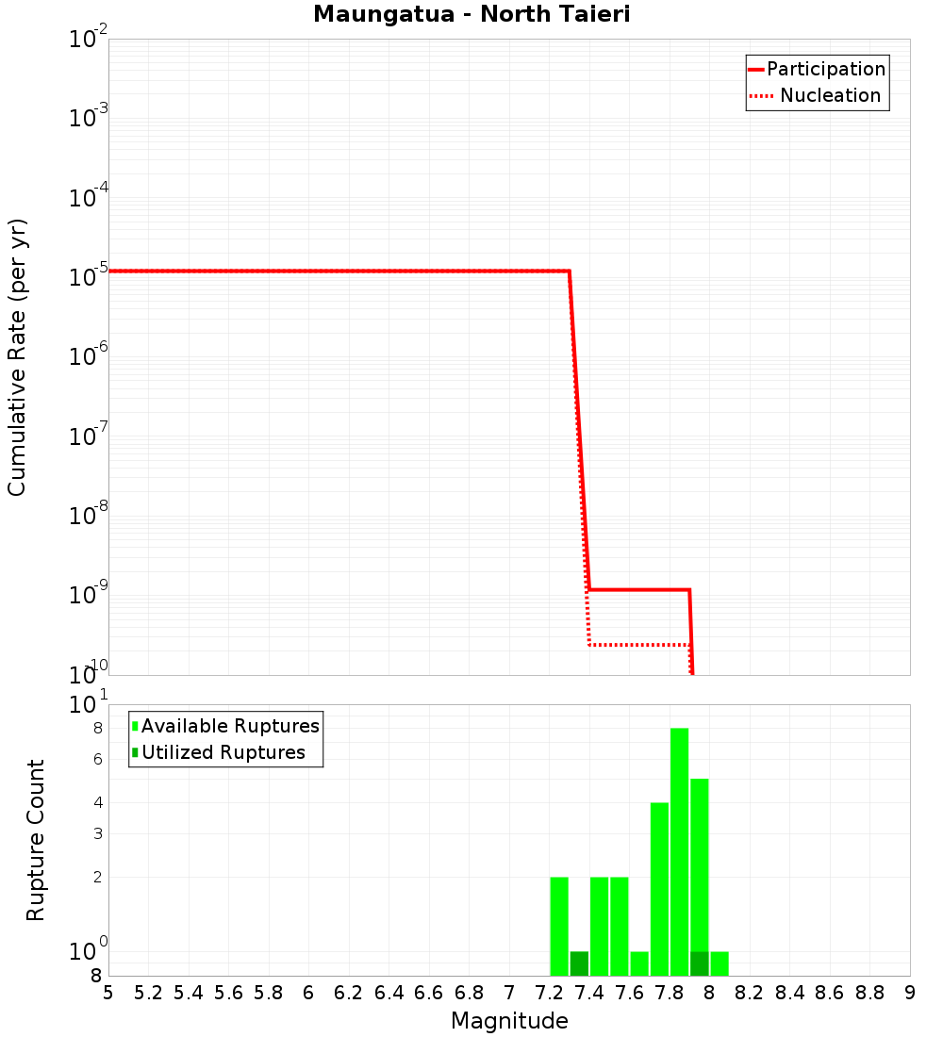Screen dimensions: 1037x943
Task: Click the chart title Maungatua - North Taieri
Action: [471, 14]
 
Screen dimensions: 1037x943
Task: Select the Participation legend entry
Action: [825, 70]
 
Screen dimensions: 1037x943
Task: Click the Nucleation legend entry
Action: [829, 96]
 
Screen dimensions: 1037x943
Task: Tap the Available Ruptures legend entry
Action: [230, 726]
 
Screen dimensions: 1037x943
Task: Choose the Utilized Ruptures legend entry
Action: [223, 752]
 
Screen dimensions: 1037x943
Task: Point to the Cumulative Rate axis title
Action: [18, 356]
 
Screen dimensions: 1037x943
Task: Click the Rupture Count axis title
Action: [36, 840]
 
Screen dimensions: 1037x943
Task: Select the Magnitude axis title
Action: [509, 1021]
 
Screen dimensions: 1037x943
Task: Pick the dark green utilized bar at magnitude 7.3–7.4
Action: [579, 963]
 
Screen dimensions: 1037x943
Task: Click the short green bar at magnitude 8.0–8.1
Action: [720, 963]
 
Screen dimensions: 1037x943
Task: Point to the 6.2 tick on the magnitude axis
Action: [349, 993]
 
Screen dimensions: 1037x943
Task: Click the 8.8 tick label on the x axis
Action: [869, 993]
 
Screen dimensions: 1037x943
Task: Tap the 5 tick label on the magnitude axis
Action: [108, 993]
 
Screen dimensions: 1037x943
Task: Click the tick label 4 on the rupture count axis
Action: [97, 803]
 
